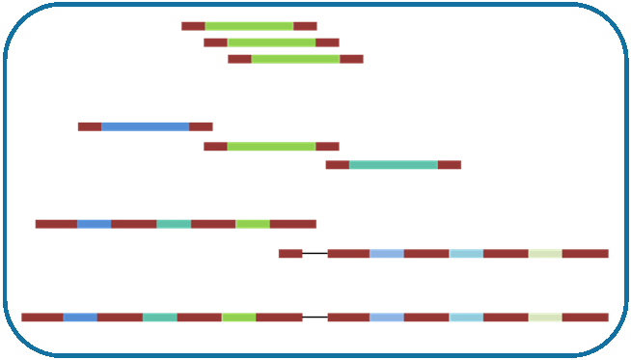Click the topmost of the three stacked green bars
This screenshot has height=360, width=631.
point(249,26)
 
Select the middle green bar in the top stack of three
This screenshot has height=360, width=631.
point(271,42)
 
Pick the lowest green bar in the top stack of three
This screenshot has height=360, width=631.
point(295,59)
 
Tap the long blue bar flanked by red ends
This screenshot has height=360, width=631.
point(145,126)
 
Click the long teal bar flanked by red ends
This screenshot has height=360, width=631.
point(393,165)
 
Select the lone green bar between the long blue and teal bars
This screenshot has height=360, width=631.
point(271,147)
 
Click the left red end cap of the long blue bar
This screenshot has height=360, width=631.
point(89,126)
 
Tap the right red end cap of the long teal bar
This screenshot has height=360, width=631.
point(450,165)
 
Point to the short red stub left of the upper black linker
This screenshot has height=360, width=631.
point(289,254)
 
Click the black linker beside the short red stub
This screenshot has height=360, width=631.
point(315,254)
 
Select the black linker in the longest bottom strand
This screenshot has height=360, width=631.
point(315,317)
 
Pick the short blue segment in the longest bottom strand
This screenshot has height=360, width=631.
point(80,317)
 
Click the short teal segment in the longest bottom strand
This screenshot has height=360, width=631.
point(160,317)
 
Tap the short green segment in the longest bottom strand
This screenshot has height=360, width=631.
point(238,317)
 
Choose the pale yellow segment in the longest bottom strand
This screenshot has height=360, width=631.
point(545,317)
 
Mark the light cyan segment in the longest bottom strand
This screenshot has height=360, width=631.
point(466,317)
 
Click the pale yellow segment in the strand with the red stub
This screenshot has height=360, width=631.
point(545,254)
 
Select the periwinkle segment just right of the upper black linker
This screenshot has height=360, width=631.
point(386,254)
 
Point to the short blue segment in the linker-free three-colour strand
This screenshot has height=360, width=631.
point(94,224)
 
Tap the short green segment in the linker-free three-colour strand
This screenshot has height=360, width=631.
point(253,224)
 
